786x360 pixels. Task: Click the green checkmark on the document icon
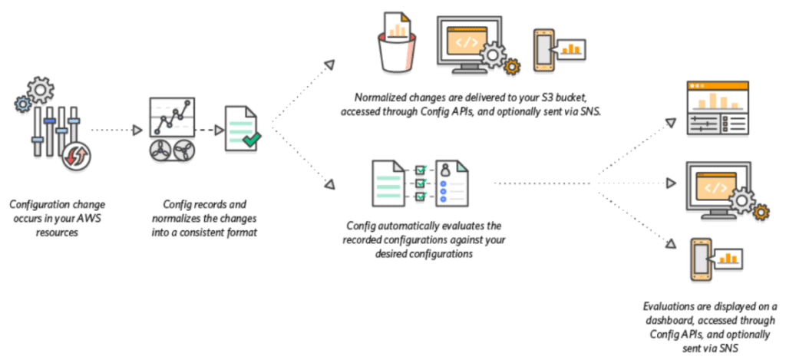coord(252,140)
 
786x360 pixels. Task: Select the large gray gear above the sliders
coord(39,90)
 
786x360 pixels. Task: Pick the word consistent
coord(215,231)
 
